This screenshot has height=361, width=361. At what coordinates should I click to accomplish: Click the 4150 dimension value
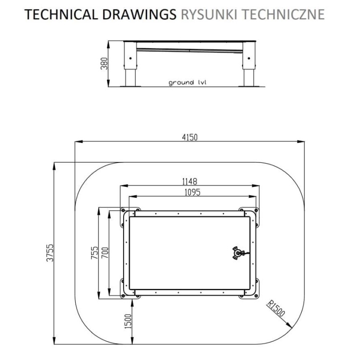point(190,138)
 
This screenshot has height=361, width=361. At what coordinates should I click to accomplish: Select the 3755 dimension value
point(50,253)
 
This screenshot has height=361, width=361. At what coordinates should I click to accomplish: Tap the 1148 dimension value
point(190,182)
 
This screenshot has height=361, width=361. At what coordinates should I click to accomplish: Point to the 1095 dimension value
point(193,192)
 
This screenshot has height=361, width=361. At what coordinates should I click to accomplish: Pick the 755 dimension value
point(95,253)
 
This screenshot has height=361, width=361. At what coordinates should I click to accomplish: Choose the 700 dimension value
point(105,253)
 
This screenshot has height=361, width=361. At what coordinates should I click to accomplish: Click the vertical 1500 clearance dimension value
point(128,321)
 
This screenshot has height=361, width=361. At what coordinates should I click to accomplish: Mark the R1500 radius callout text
point(276,309)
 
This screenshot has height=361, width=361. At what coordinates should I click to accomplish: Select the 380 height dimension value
point(104,63)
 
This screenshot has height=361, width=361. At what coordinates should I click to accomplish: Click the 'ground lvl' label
point(187,83)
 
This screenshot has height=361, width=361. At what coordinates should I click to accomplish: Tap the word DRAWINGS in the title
point(139,14)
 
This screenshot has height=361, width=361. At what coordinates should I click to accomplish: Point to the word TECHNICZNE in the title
point(284,14)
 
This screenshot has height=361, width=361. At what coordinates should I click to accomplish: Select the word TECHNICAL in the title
point(61,14)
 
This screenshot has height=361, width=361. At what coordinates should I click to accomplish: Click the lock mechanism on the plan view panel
point(239,253)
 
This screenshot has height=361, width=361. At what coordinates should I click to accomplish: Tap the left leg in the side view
point(130,64)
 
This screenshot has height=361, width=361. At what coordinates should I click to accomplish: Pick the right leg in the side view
point(249,64)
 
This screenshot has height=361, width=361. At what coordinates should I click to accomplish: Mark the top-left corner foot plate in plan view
point(130,218)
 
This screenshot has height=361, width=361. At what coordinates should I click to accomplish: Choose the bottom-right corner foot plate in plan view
point(249,289)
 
